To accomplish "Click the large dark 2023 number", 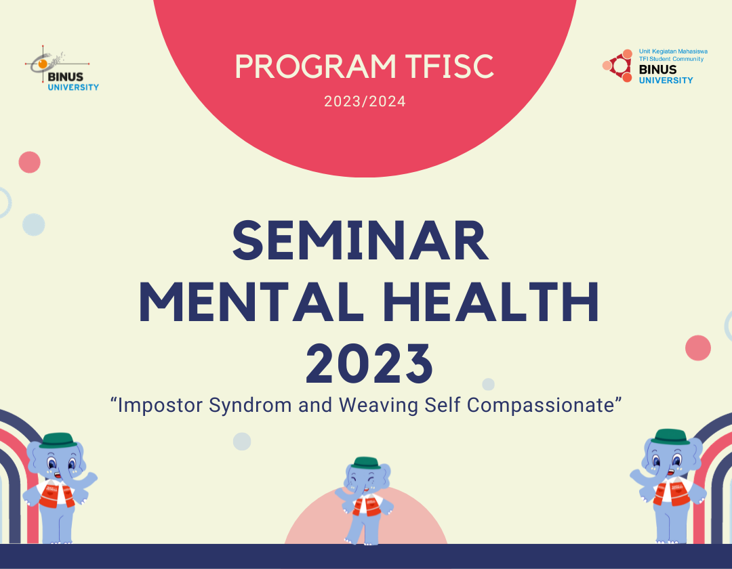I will click(x=369, y=363).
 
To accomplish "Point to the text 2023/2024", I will click(x=365, y=102).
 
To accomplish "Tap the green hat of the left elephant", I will click(x=56, y=440).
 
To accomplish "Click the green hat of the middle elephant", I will click(x=366, y=462).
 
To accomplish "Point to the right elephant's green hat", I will click(x=672, y=436).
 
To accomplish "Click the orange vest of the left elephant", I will click(x=54, y=494).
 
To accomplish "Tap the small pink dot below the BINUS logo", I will click(x=30, y=162).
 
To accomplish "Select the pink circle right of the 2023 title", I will click(x=697, y=348).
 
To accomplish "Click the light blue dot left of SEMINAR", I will click(x=33, y=224).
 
